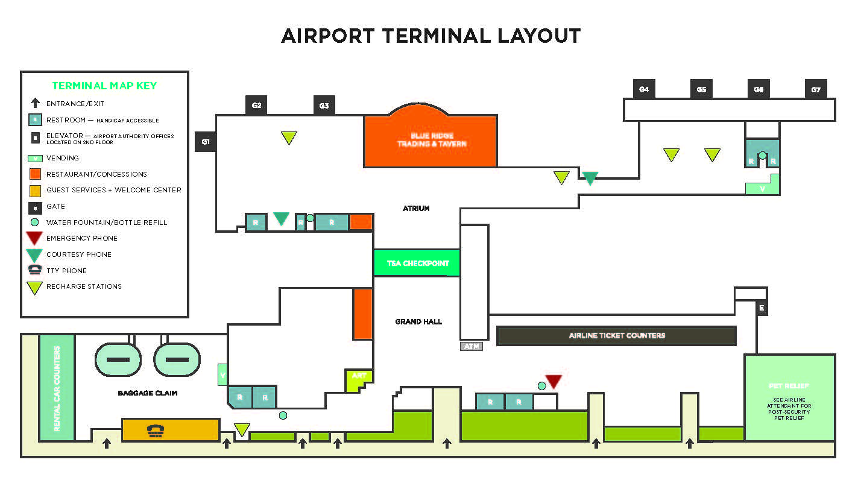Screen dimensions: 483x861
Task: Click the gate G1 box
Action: (206, 142)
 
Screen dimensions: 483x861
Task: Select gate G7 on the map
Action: (816, 89)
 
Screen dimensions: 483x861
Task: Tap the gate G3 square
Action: (324, 106)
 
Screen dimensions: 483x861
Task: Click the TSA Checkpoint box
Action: (417, 264)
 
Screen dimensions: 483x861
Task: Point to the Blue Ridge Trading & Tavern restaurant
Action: (430, 140)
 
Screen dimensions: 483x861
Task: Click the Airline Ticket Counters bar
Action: (616, 335)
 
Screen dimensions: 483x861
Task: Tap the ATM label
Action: (471, 346)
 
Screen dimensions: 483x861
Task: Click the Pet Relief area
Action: (789, 397)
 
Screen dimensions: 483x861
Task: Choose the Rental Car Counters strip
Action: (57, 388)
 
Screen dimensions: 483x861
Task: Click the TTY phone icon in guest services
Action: (156, 430)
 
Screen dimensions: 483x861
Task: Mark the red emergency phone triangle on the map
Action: (553, 381)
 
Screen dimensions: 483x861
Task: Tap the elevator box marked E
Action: (762, 308)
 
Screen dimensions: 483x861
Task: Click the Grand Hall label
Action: (418, 321)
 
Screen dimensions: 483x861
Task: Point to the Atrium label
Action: (416, 209)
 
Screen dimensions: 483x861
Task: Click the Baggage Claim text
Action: (148, 393)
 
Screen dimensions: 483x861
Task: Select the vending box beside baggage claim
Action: (222, 374)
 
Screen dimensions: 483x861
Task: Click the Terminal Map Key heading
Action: (104, 86)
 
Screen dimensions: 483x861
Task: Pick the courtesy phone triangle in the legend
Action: (35, 254)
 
